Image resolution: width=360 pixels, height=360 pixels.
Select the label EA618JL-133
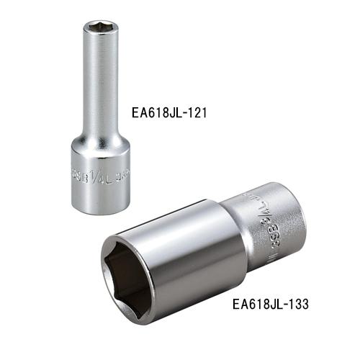[x=271, y=305]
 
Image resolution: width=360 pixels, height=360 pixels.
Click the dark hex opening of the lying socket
[x=139, y=271]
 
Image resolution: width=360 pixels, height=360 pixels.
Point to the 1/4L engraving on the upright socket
[x=98, y=173]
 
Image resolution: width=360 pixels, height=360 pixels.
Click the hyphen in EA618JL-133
[x=284, y=305]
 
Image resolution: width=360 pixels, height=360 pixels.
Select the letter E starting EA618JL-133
[x=236, y=305]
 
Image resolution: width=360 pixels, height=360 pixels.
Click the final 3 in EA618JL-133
[x=305, y=305]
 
